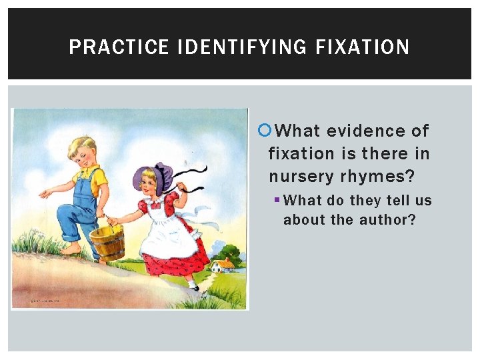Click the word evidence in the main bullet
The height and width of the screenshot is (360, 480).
357,131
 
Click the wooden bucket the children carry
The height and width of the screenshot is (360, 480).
107,243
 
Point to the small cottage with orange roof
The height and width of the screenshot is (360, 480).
223,265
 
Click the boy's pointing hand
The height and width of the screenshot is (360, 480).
45,193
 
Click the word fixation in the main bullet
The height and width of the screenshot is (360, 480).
301,153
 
